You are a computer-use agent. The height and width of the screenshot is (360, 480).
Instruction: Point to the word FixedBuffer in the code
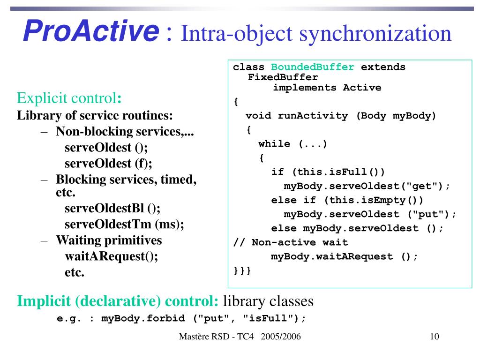[283, 77]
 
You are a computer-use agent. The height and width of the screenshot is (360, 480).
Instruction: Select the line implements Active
[327, 88]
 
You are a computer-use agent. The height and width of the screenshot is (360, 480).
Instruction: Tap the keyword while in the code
[274, 144]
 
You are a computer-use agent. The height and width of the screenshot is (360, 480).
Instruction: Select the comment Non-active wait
[300, 242]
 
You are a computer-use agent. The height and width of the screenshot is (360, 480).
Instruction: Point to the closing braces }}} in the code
[242, 270]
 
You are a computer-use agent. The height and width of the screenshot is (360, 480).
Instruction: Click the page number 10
[434, 337]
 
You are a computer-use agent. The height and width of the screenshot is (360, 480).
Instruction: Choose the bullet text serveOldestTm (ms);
[124, 224]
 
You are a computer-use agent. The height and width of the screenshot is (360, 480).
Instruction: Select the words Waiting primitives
[109, 240]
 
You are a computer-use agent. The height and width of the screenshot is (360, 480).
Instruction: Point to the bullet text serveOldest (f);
[108, 163]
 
